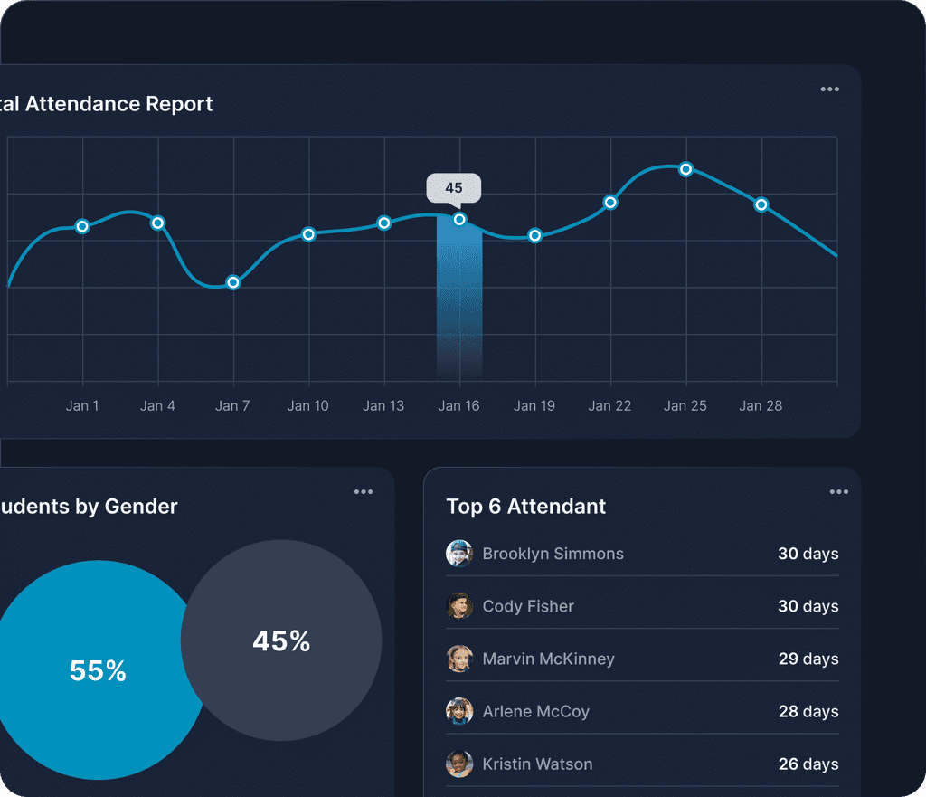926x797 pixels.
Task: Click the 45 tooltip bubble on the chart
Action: pyautogui.click(x=454, y=188)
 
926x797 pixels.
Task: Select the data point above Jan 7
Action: pyautogui.click(x=233, y=282)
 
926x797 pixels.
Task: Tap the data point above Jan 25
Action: pyautogui.click(x=685, y=169)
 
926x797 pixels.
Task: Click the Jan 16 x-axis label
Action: pyautogui.click(x=458, y=405)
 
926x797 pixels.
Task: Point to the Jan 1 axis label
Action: pyautogui.click(x=82, y=405)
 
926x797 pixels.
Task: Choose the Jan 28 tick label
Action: pyautogui.click(x=761, y=405)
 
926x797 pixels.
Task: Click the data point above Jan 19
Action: pyautogui.click(x=534, y=236)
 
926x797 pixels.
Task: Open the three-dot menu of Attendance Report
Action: pyautogui.click(x=829, y=90)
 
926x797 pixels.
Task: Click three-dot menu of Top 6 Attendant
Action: pyautogui.click(x=838, y=492)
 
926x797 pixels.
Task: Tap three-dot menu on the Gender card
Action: pyautogui.click(x=364, y=492)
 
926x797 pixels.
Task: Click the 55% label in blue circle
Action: pyautogui.click(x=98, y=671)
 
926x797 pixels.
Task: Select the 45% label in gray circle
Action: pyautogui.click(x=281, y=641)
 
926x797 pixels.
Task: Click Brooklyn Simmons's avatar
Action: pyautogui.click(x=459, y=554)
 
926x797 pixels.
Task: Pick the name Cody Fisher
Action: pyautogui.click(x=528, y=606)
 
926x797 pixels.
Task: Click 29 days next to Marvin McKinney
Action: pyautogui.click(x=808, y=659)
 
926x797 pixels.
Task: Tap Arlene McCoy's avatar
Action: pyautogui.click(x=459, y=711)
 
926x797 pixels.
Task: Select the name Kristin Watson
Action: pyautogui.click(x=537, y=764)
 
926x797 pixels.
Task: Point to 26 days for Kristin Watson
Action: pyautogui.click(x=808, y=764)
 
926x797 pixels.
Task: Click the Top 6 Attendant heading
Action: pyautogui.click(x=526, y=507)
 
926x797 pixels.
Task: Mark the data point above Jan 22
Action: pyautogui.click(x=610, y=203)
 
